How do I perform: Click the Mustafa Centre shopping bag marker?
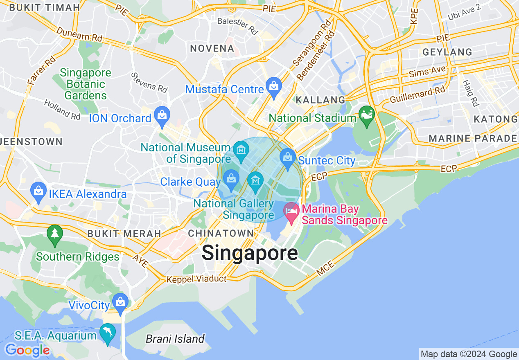click(x=273, y=86)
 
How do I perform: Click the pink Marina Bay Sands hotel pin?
click(x=291, y=212)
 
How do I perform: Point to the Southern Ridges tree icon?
click(x=55, y=234)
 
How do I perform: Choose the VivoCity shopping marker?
click(x=120, y=302)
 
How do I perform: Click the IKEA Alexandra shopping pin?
click(x=39, y=191)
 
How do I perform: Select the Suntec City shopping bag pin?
click(x=288, y=157)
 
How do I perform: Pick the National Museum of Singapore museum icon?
click(x=241, y=151)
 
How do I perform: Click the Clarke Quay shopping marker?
click(x=231, y=179)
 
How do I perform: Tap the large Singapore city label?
click(x=250, y=253)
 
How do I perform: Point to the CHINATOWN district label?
click(x=221, y=233)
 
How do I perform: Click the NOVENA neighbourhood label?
click(x=212, y=48)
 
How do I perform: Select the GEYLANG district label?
click(x=447, y=52)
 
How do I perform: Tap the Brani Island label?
click(x=175, y=339)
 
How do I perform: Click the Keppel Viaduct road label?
click(x=196, y=279)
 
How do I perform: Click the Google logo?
click(x=27, y=350)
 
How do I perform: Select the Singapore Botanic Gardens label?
click(x=85, y=84)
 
